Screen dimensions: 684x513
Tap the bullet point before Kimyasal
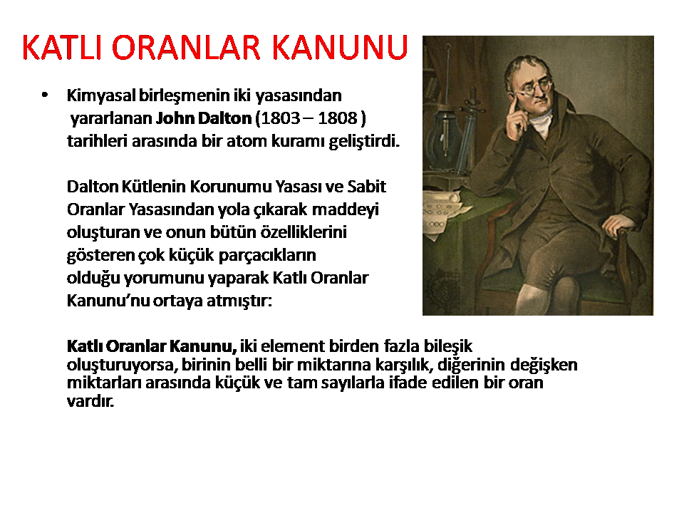coord(44,95)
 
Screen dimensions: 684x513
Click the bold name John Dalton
coord(204,118)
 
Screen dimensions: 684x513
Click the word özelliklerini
coord(304,232)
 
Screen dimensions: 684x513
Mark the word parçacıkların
coord(267,256)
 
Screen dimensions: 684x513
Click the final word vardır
coord(90,401)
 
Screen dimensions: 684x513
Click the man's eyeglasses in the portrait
coord(533,88)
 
